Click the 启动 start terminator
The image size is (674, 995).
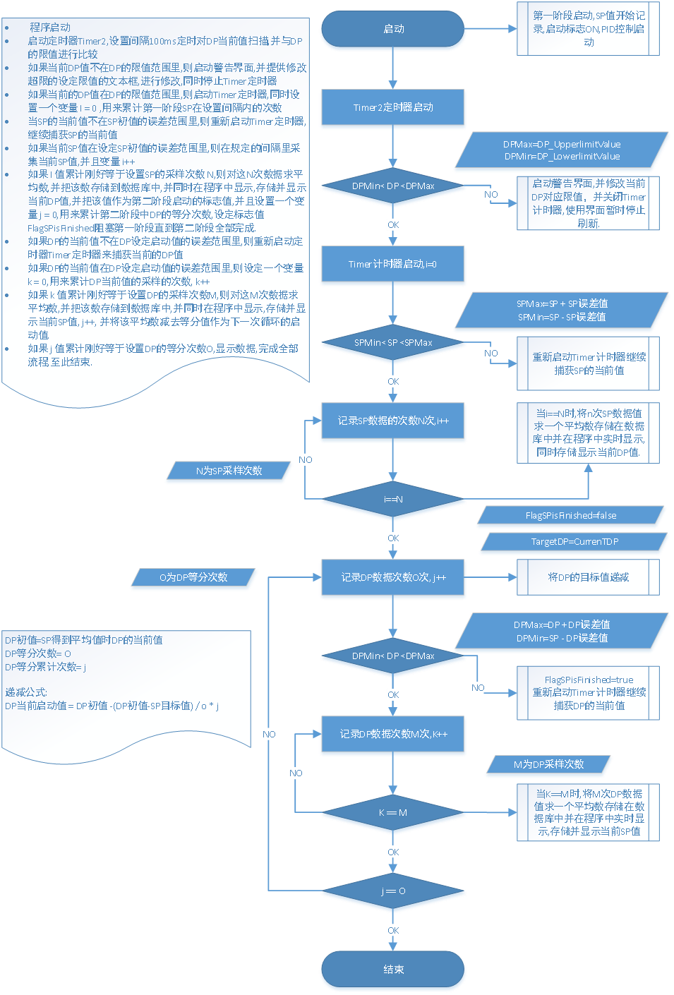393,30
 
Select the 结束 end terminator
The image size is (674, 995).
393,970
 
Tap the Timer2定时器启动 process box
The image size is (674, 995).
393,107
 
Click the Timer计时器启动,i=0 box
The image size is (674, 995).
393,265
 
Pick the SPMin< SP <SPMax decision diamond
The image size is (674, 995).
393,343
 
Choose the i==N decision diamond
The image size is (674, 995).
393,500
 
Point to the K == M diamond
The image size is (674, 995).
393,813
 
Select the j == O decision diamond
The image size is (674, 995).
393,891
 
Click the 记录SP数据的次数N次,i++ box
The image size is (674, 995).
393,421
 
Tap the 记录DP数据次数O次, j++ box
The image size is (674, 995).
393,578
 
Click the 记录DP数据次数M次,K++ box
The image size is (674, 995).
393,735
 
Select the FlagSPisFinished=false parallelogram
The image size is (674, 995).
571,516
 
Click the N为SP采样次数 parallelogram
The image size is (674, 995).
229,471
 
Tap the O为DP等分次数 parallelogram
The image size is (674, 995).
193,577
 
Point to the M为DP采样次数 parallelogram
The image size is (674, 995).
548,764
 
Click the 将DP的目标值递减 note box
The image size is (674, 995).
588,577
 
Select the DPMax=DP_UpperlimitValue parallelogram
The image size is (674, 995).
562,150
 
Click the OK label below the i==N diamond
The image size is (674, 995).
393,538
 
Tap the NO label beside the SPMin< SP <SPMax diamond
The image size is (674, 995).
491,353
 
